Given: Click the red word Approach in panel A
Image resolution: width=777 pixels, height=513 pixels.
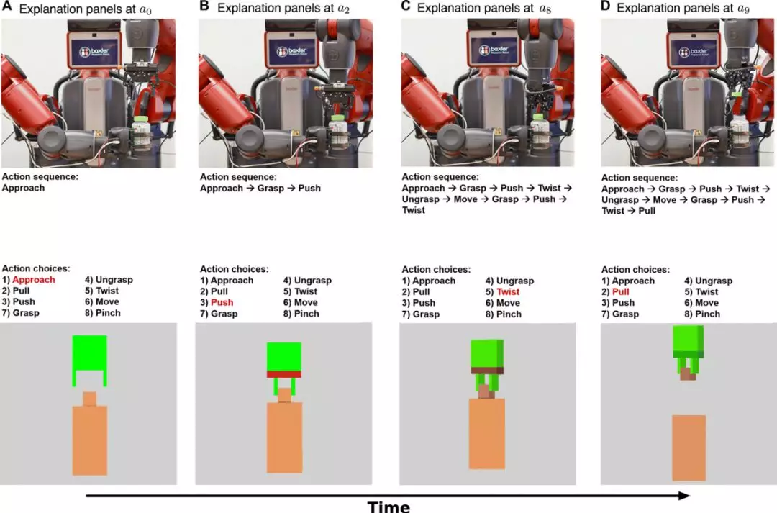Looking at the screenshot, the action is pos(33,280).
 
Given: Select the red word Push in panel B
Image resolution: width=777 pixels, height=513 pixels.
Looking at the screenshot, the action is pos(222,302).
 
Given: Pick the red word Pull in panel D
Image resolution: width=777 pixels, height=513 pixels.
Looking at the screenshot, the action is pos(622,292).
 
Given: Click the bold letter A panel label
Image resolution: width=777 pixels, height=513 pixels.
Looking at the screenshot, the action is pos(6,9).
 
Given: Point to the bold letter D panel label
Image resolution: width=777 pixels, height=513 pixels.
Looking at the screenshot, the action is pos(605,8).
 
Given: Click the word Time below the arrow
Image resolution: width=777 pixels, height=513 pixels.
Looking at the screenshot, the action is pos(388,506).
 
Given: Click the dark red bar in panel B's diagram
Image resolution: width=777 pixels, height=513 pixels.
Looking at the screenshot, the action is pos(284,373).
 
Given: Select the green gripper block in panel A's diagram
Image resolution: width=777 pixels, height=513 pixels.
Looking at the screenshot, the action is pos(89,353).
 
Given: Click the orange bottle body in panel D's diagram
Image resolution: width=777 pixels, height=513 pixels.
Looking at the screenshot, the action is pos(689,448).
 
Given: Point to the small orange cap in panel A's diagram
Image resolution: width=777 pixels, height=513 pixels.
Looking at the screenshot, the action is pos(89,399).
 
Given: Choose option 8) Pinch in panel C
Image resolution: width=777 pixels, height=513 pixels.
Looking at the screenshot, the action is pos(504,314).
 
